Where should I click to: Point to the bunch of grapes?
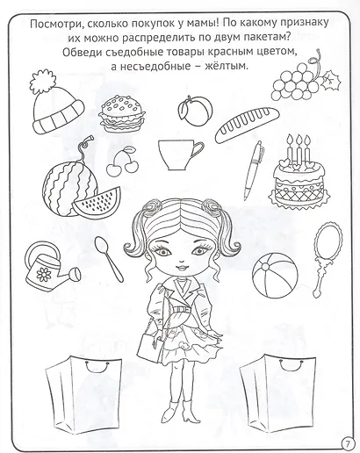pos(305,77)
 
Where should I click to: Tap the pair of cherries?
pos(120,162)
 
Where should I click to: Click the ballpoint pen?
pos(254,170)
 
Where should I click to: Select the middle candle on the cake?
pos(299,148)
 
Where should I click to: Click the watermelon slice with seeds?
pos(97,202)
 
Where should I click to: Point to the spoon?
pos(108,258)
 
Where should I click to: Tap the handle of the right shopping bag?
pos(290,365)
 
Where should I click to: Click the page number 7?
pos(348,443)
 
